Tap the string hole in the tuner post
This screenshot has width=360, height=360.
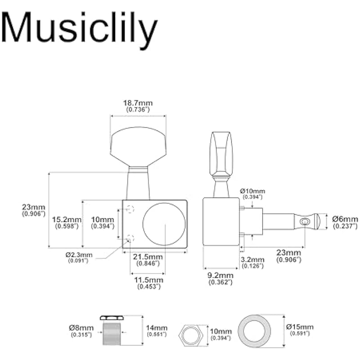coord(306,221)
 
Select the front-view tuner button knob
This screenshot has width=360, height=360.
coord(138,147)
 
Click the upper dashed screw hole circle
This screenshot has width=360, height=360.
coord(131,208)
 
